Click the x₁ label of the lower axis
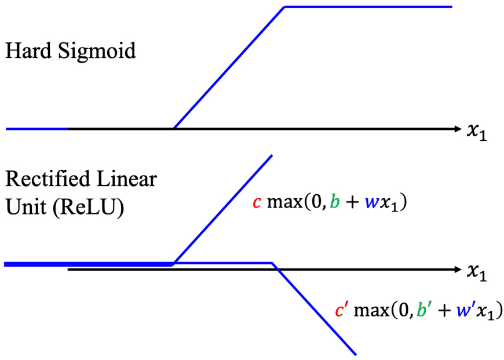479,272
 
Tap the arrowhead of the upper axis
455,128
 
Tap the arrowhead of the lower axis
455,270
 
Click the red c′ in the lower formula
341,310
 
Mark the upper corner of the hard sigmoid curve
284,7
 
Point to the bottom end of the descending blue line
355,353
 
